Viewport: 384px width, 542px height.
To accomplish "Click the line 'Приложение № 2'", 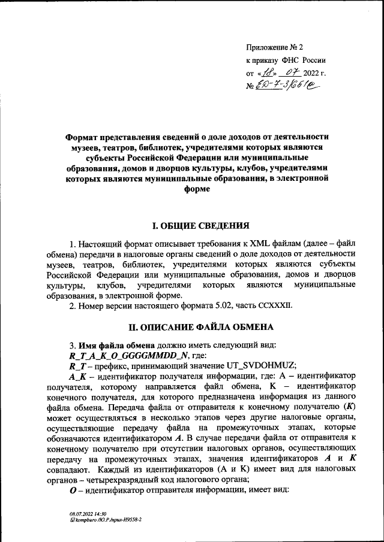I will [275, 47].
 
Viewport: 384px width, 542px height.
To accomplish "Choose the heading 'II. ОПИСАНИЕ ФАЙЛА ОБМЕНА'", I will [197, 328].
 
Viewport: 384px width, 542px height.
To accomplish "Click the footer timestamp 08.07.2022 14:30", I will [86, 514].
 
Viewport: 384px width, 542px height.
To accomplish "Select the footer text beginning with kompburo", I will [105, 520].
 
